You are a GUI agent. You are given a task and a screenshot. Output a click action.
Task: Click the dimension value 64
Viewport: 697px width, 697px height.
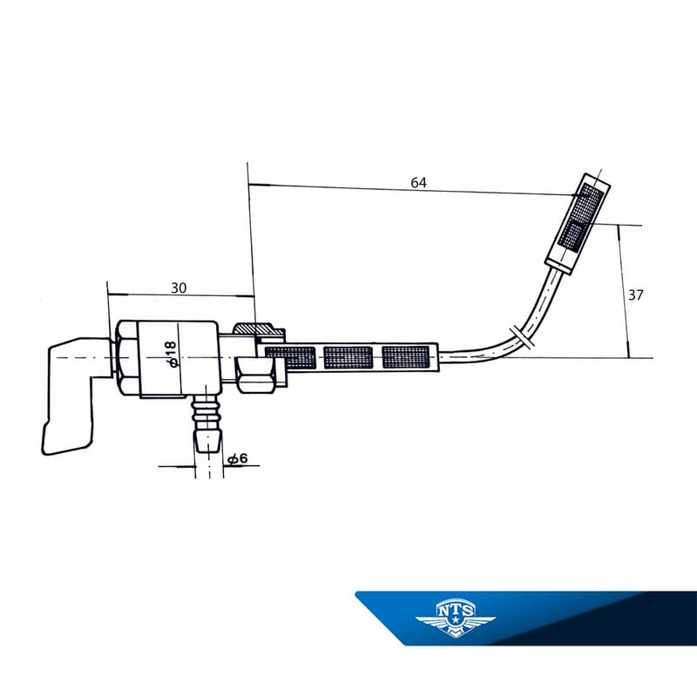tap(419, 183)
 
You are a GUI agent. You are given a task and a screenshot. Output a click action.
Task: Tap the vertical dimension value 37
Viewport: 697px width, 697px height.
tap(636, 294)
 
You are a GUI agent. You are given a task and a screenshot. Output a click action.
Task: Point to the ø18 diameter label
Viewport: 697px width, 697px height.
tap(172, 355)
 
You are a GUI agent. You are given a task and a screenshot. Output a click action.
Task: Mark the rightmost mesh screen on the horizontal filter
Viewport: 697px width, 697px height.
tap(406, 356)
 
